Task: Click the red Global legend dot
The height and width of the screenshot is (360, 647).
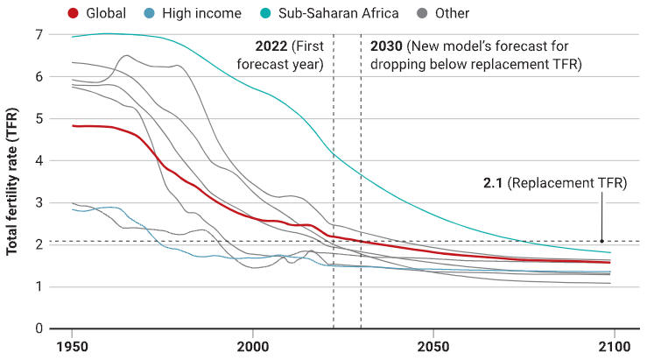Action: pos(73,13)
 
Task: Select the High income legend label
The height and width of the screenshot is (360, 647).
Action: pos(201,13)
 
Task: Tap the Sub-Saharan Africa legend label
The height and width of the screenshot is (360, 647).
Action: pos(338,13)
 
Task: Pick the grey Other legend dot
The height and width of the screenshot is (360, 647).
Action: pos(422,13)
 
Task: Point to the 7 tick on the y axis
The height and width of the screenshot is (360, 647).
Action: pos(39,35)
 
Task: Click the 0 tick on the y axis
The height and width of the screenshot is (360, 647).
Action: pos(39,328)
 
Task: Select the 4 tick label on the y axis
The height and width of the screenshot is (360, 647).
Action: pos(39,160)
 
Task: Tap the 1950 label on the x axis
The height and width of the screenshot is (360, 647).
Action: pos(72,346)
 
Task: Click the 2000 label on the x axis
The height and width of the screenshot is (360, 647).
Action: pos(252,346)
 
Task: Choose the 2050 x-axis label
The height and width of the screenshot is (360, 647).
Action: pos(433,346)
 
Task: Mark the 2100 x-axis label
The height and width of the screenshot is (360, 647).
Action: pos(615,346)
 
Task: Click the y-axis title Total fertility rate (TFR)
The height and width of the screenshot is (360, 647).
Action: pos(12,181)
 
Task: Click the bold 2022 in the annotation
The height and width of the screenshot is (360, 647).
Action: pos(271,46)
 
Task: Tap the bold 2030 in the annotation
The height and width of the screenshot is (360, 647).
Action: pos(386,46)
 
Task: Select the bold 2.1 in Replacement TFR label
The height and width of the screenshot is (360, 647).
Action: pos(493,183)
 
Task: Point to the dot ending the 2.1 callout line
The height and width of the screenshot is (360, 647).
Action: pos(602,241)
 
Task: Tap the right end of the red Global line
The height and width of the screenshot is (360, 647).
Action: pos(610,263)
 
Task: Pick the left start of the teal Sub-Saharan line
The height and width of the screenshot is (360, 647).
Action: pos(73,37)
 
